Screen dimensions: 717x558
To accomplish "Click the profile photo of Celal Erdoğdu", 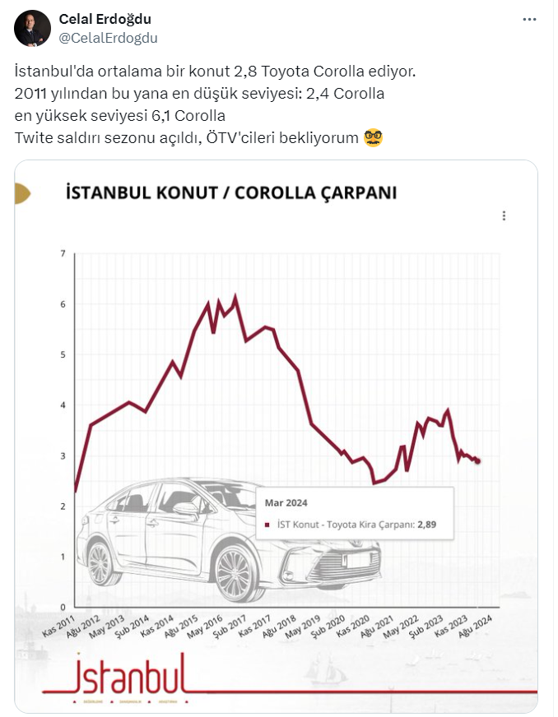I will click(x=33, y=29).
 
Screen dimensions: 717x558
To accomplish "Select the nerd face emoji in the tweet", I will click(x=374, y=137).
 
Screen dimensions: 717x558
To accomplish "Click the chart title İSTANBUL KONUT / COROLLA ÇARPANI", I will click(x=231, y=193).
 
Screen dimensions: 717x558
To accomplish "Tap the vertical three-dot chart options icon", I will click(x=504, y=215).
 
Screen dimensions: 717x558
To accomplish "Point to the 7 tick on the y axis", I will click(x=63, y=253).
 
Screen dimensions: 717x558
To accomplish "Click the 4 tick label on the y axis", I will click(x=63, y=405).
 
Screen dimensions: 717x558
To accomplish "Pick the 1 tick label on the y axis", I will click(x=63, y=557).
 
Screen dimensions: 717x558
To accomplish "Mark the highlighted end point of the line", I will click(x=478, y=460).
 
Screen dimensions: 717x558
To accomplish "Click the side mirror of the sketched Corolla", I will click(x=187, y=509).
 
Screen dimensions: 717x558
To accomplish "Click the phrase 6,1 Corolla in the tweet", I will click(x=188, y=115).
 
